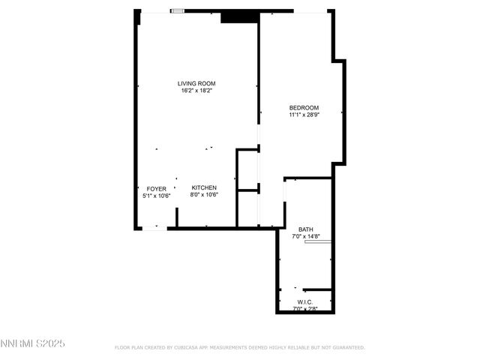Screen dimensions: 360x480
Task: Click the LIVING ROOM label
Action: pos(196,83)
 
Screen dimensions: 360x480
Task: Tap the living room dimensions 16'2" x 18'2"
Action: pos(196,91)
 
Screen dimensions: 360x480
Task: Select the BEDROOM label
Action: pos(304,107)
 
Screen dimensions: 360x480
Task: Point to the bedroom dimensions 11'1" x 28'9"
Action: pos(304,115)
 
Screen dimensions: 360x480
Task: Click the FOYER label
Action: pos(156,189)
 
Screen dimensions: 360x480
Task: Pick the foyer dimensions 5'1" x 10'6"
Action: pos(156,196)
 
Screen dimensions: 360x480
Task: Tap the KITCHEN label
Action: pos(204,187)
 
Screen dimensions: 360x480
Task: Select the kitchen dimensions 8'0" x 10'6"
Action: pos(204,195)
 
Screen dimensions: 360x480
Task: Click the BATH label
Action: pos(306,229)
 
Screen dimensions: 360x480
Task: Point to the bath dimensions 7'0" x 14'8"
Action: pos(306,236)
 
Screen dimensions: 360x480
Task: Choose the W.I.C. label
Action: pos(304,301)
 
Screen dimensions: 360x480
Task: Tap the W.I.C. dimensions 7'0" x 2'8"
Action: pos(304,308)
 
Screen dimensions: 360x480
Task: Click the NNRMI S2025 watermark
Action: pos(33,343)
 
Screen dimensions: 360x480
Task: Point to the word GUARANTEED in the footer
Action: pos(347,348)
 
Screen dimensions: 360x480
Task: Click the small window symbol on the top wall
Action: pos(178,10)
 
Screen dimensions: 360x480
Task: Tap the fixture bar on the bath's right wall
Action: pos(318,242)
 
